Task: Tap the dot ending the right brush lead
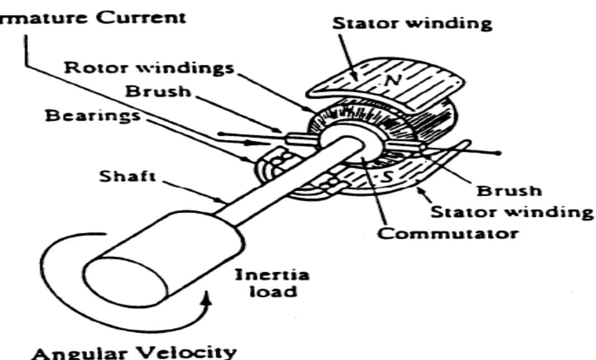(x=499, y=152)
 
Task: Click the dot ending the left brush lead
(x=221, y=134)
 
